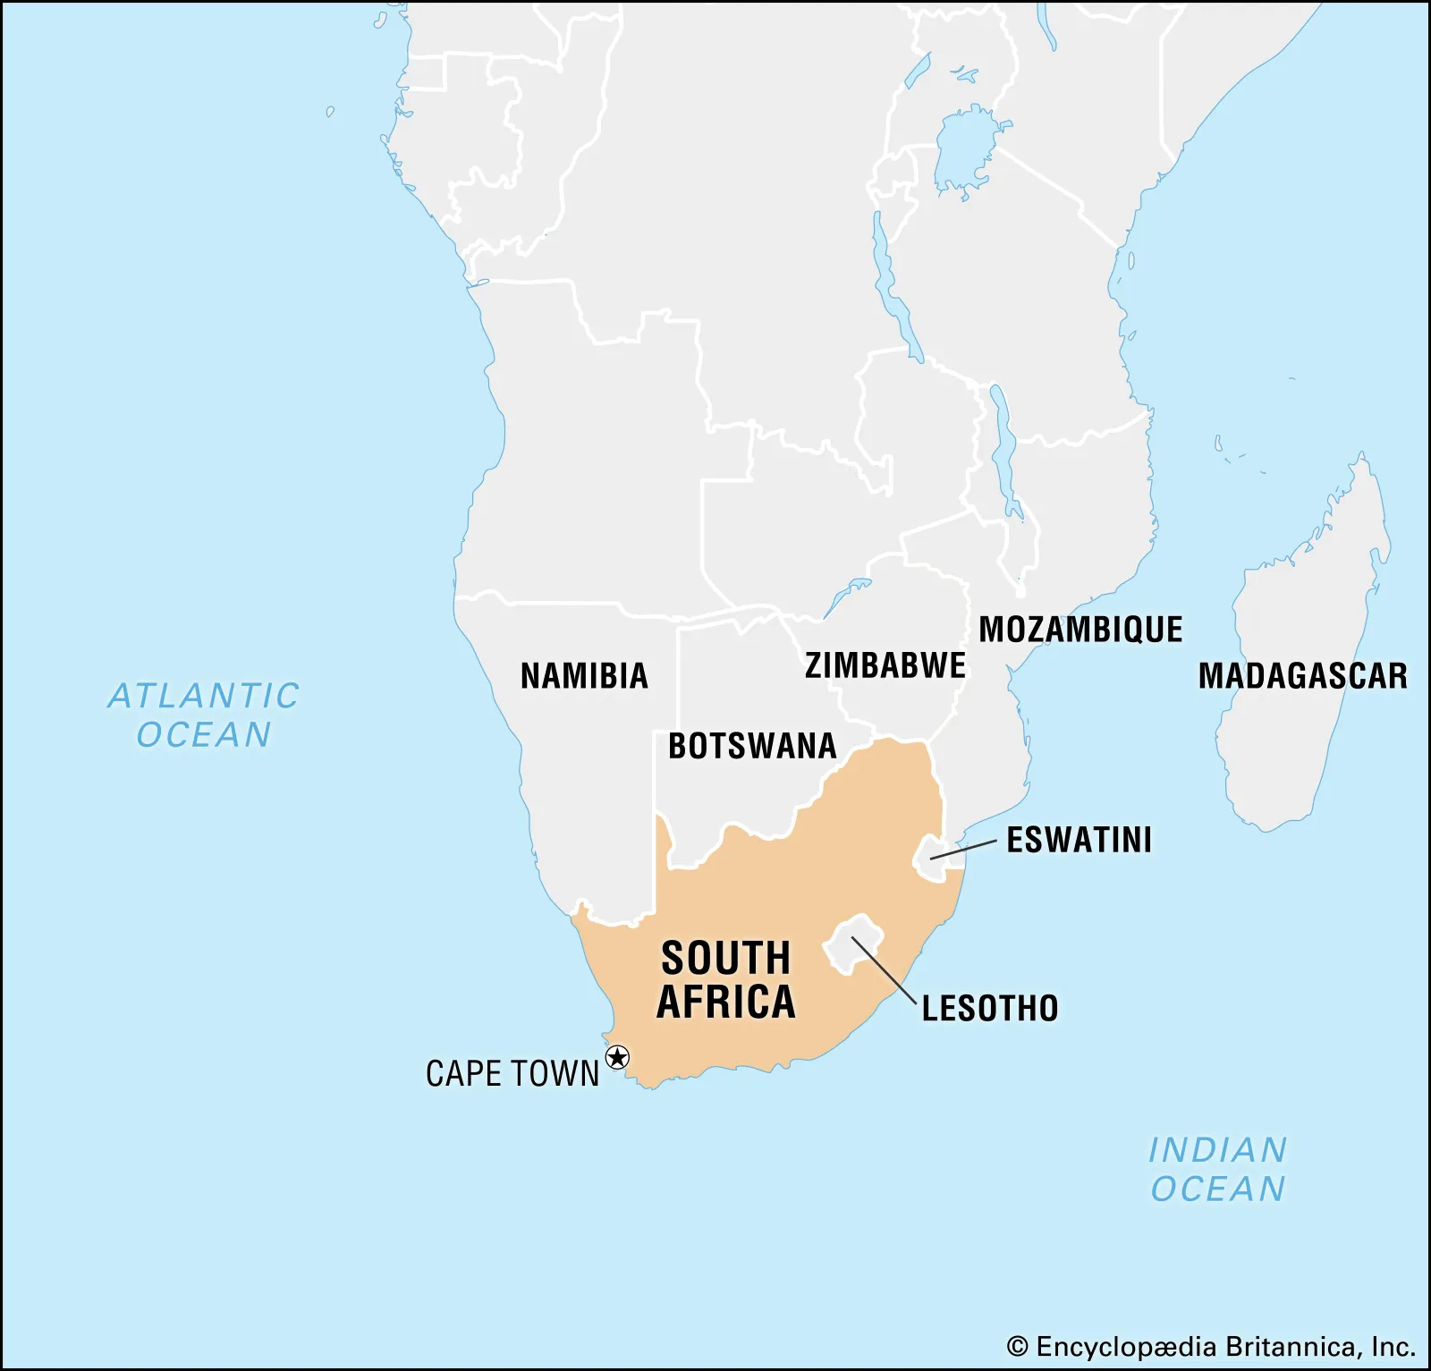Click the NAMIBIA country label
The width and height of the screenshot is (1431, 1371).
pos(584,676)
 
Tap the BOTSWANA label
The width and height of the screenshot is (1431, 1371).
pos(752,746)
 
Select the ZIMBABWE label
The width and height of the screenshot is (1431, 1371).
pos(885,665)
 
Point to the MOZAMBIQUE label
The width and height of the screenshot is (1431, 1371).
pos(1080,630)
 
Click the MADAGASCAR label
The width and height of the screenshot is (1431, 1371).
pos(1302,676)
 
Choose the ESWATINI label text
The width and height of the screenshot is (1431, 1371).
pos(1079,840)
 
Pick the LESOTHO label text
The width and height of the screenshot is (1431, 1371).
pos(990,1009)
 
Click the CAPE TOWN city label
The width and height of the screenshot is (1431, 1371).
pos(512,1073)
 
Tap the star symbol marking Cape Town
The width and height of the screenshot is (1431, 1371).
pos(617,1059)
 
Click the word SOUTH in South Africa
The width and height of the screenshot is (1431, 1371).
pos(726,959)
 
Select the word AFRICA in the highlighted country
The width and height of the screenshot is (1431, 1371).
pos(726,1002)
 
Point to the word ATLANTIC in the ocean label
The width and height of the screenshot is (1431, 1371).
pos(204,696)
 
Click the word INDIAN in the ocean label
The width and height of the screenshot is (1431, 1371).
pos(1217,1150)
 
